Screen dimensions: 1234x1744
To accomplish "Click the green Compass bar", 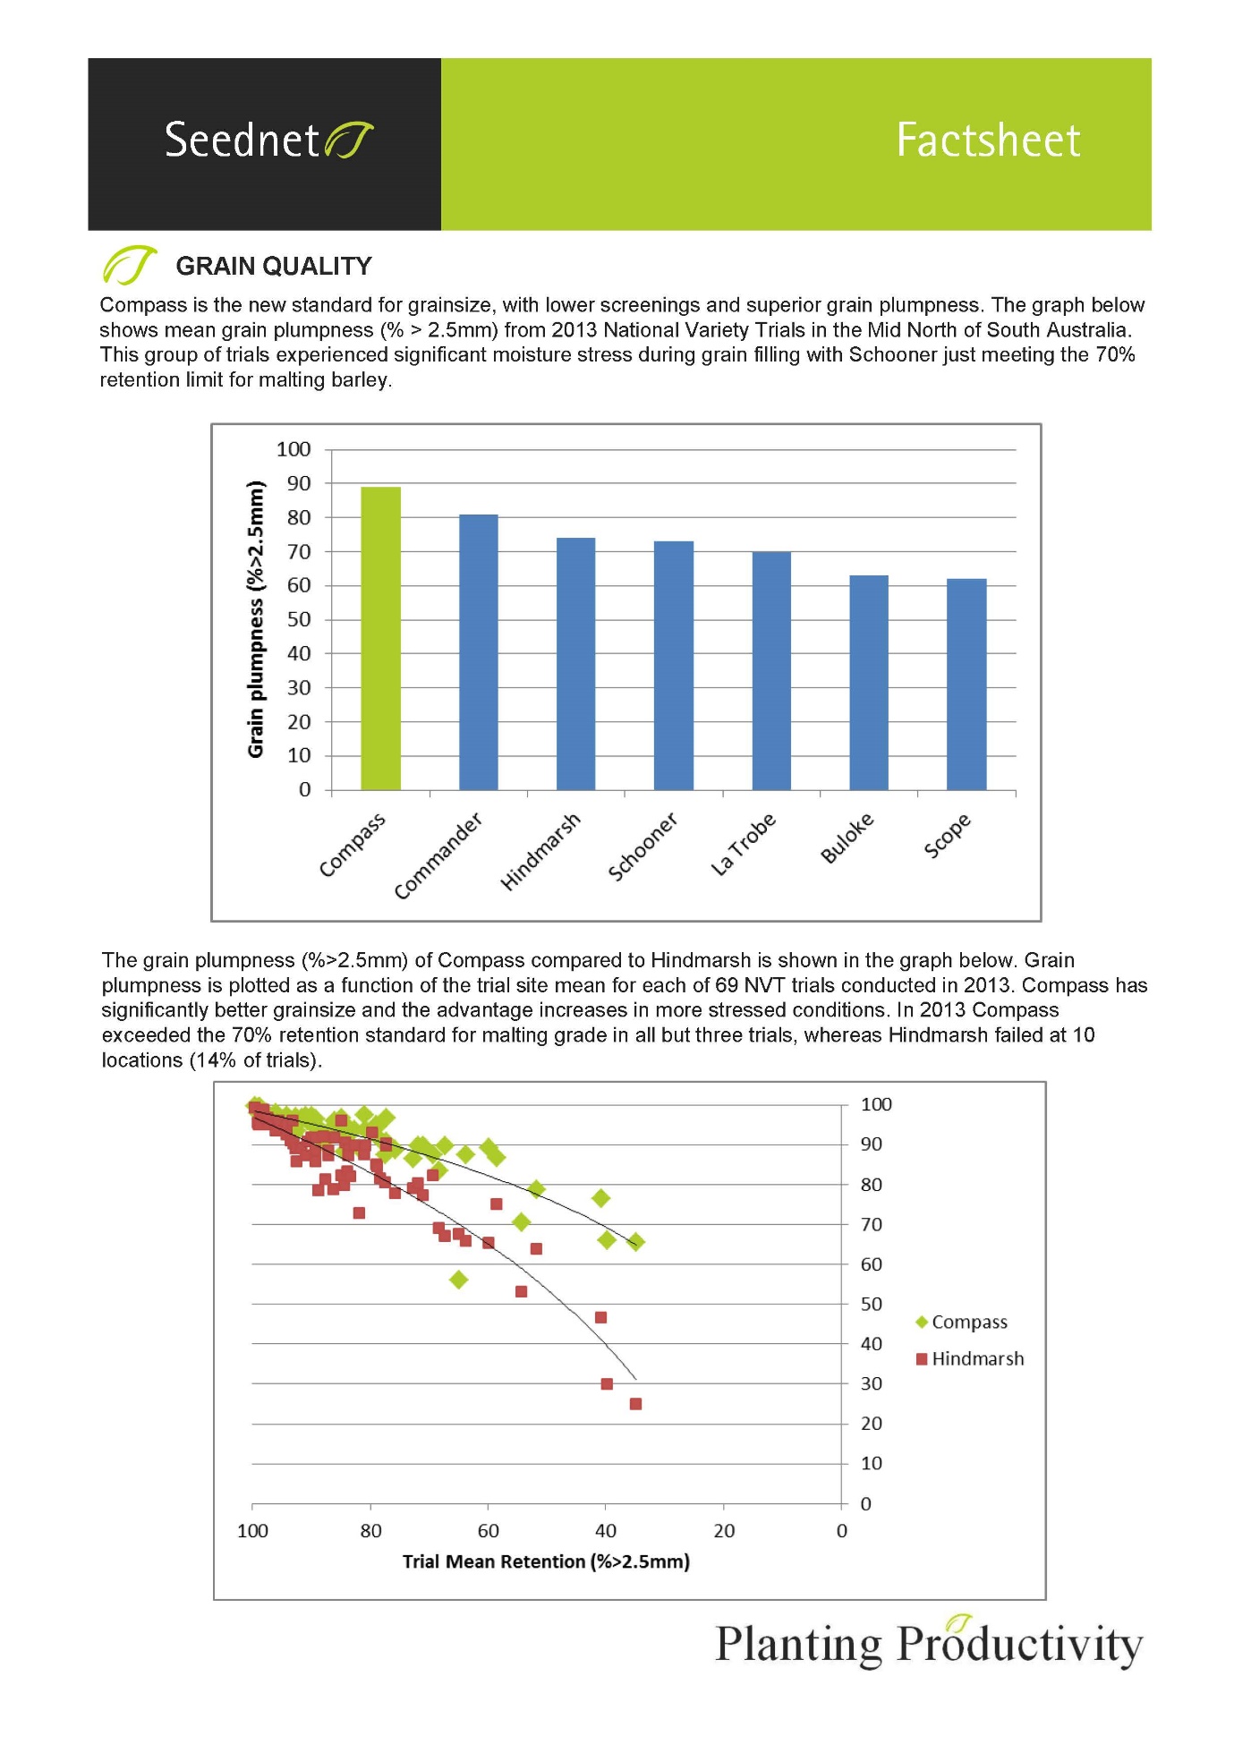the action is (x=380, y=638).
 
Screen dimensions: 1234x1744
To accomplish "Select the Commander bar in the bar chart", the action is (x=478, y=652).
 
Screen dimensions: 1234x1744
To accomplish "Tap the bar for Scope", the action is (x=966, y=685).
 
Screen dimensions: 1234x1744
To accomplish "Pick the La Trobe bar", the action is (x=771, y=670).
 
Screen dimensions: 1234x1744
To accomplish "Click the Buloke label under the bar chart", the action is (x=847, y=838).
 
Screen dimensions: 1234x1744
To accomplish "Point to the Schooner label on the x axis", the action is (x=642, y=846).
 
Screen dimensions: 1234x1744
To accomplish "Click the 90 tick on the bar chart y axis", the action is (x=299, y=483).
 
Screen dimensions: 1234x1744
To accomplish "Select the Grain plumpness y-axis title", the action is (x=256, y=619).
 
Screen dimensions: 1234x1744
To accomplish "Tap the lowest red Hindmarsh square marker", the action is (x=635, y=1404).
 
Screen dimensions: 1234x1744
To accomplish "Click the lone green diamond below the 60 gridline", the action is (x=459, y=1280).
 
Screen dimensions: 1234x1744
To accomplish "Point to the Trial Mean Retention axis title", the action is (x=546, y=1561).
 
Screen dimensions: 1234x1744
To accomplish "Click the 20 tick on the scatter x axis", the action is (x=724, y=1531).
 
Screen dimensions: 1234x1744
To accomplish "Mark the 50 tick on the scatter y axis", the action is (x=872, y=1304).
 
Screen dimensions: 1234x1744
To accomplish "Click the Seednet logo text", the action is (x=242, y=140).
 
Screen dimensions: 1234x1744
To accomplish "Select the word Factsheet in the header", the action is (x=989, y=140).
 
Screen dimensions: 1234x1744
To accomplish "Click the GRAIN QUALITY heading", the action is (x=274, y=266).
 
